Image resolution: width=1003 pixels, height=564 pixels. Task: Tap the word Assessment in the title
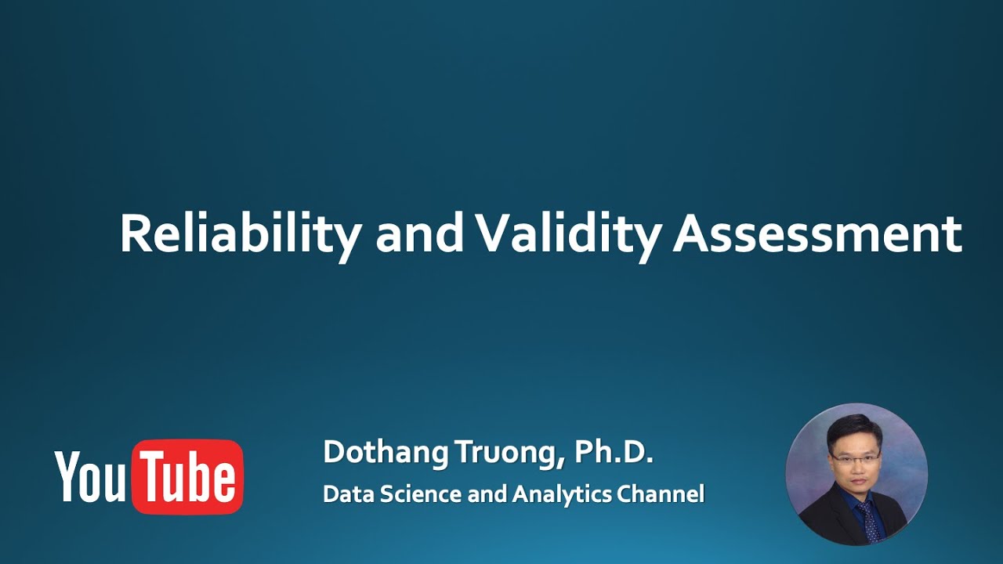click(x=817, y=233)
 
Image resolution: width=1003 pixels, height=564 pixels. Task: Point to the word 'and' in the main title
click(x=419, y=233)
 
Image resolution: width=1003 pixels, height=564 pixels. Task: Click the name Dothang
click(x=384, y=453)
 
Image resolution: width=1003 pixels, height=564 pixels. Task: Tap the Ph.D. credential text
click(x=613, y=452)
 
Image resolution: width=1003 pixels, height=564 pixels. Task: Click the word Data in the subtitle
click(x=344, y=494)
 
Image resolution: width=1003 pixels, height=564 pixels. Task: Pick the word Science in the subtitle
click(x=415, y=494)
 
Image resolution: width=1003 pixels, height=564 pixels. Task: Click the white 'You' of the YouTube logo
click(x=89, y=477)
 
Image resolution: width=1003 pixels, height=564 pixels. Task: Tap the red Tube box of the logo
click(x=188, y=477)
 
